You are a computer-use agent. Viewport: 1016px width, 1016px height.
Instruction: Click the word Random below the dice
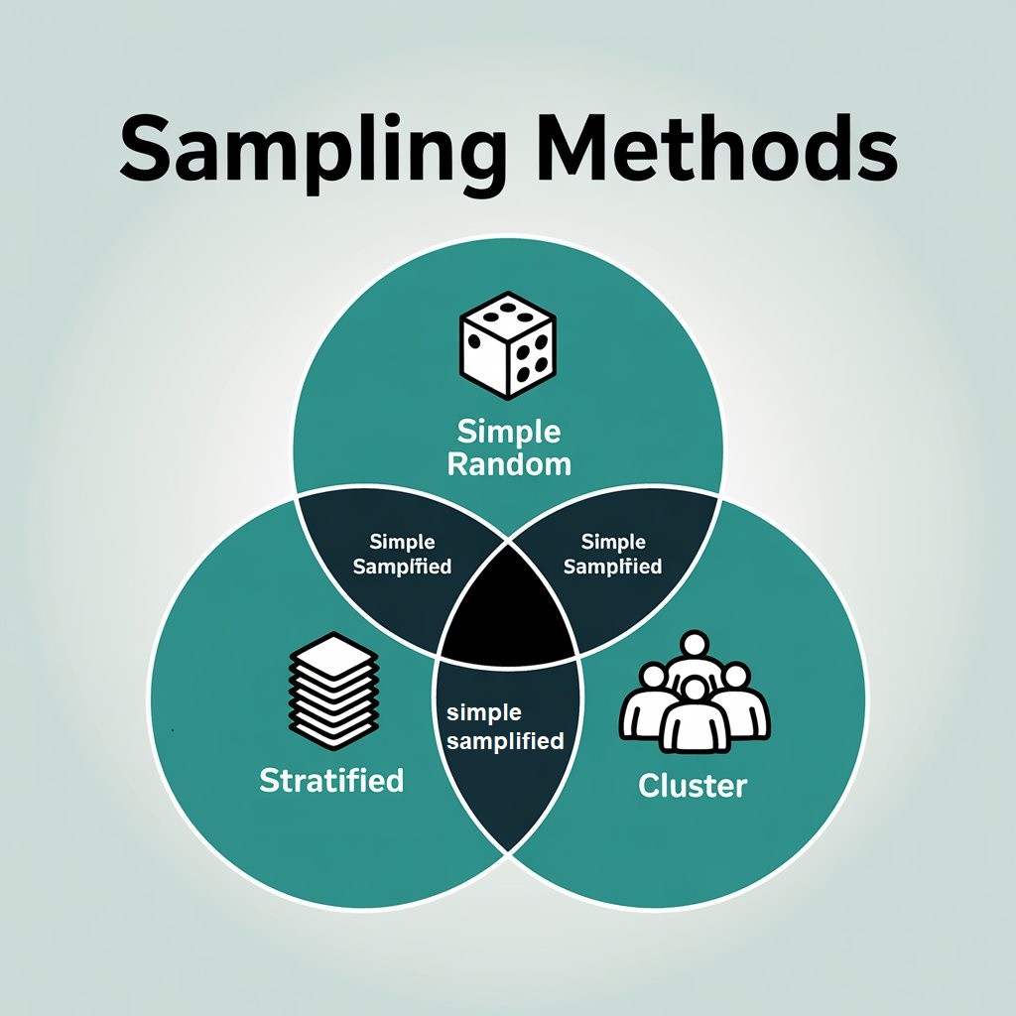[x=509, y=463]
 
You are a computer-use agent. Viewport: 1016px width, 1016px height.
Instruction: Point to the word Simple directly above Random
[x=509, y=432]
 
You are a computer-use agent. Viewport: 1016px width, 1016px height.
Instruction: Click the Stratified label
[x=331, y=780]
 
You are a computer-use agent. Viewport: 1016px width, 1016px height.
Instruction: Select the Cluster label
[x=693, y=786]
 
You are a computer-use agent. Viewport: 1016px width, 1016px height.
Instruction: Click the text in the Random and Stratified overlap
[x=403, y=555]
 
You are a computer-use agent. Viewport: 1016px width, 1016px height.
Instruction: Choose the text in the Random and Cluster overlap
[x=613, y=555]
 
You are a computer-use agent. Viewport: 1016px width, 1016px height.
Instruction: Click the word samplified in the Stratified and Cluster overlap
[x=506, y=740]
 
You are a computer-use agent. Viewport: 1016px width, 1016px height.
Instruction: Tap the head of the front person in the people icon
[x=695, y=688]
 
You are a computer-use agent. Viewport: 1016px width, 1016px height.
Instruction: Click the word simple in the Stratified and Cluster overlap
[x=485, y=712]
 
